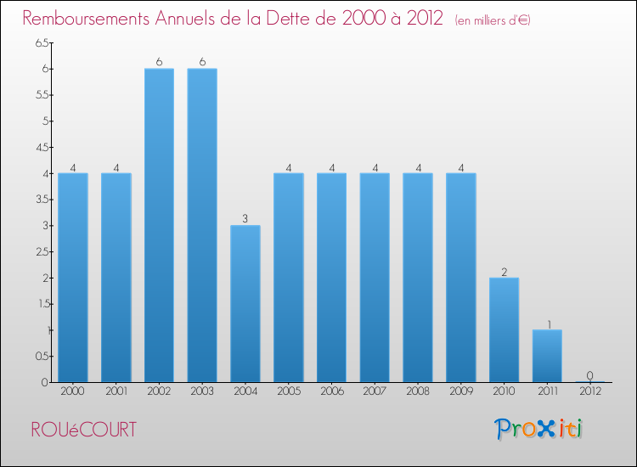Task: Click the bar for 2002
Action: [x=159, y=225]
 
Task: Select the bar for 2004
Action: [x=245, y=303]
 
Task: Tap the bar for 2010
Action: [x=504, y=329]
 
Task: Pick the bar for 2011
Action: [x=547, y=356]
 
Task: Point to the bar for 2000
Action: [x=73, y=278]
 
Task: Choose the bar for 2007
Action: [x=375, y=278]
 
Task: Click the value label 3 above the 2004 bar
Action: [x=245, y=218]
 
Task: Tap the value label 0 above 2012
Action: [x=589, y=375]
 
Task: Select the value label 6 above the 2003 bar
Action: [x=202, y=61]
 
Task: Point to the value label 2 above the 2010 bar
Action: [x=504, y=271]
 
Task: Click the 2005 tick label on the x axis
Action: [x=289, y=392]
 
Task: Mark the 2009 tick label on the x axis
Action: [x=460, y=392]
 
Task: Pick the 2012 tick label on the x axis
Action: [x=589, y=392]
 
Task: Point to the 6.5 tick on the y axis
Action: [x=42, y=42]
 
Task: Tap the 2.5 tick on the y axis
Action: [x=42, y=251]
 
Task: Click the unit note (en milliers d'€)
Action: [x=493, y=20]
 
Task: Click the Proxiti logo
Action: [x=538, y=429]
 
